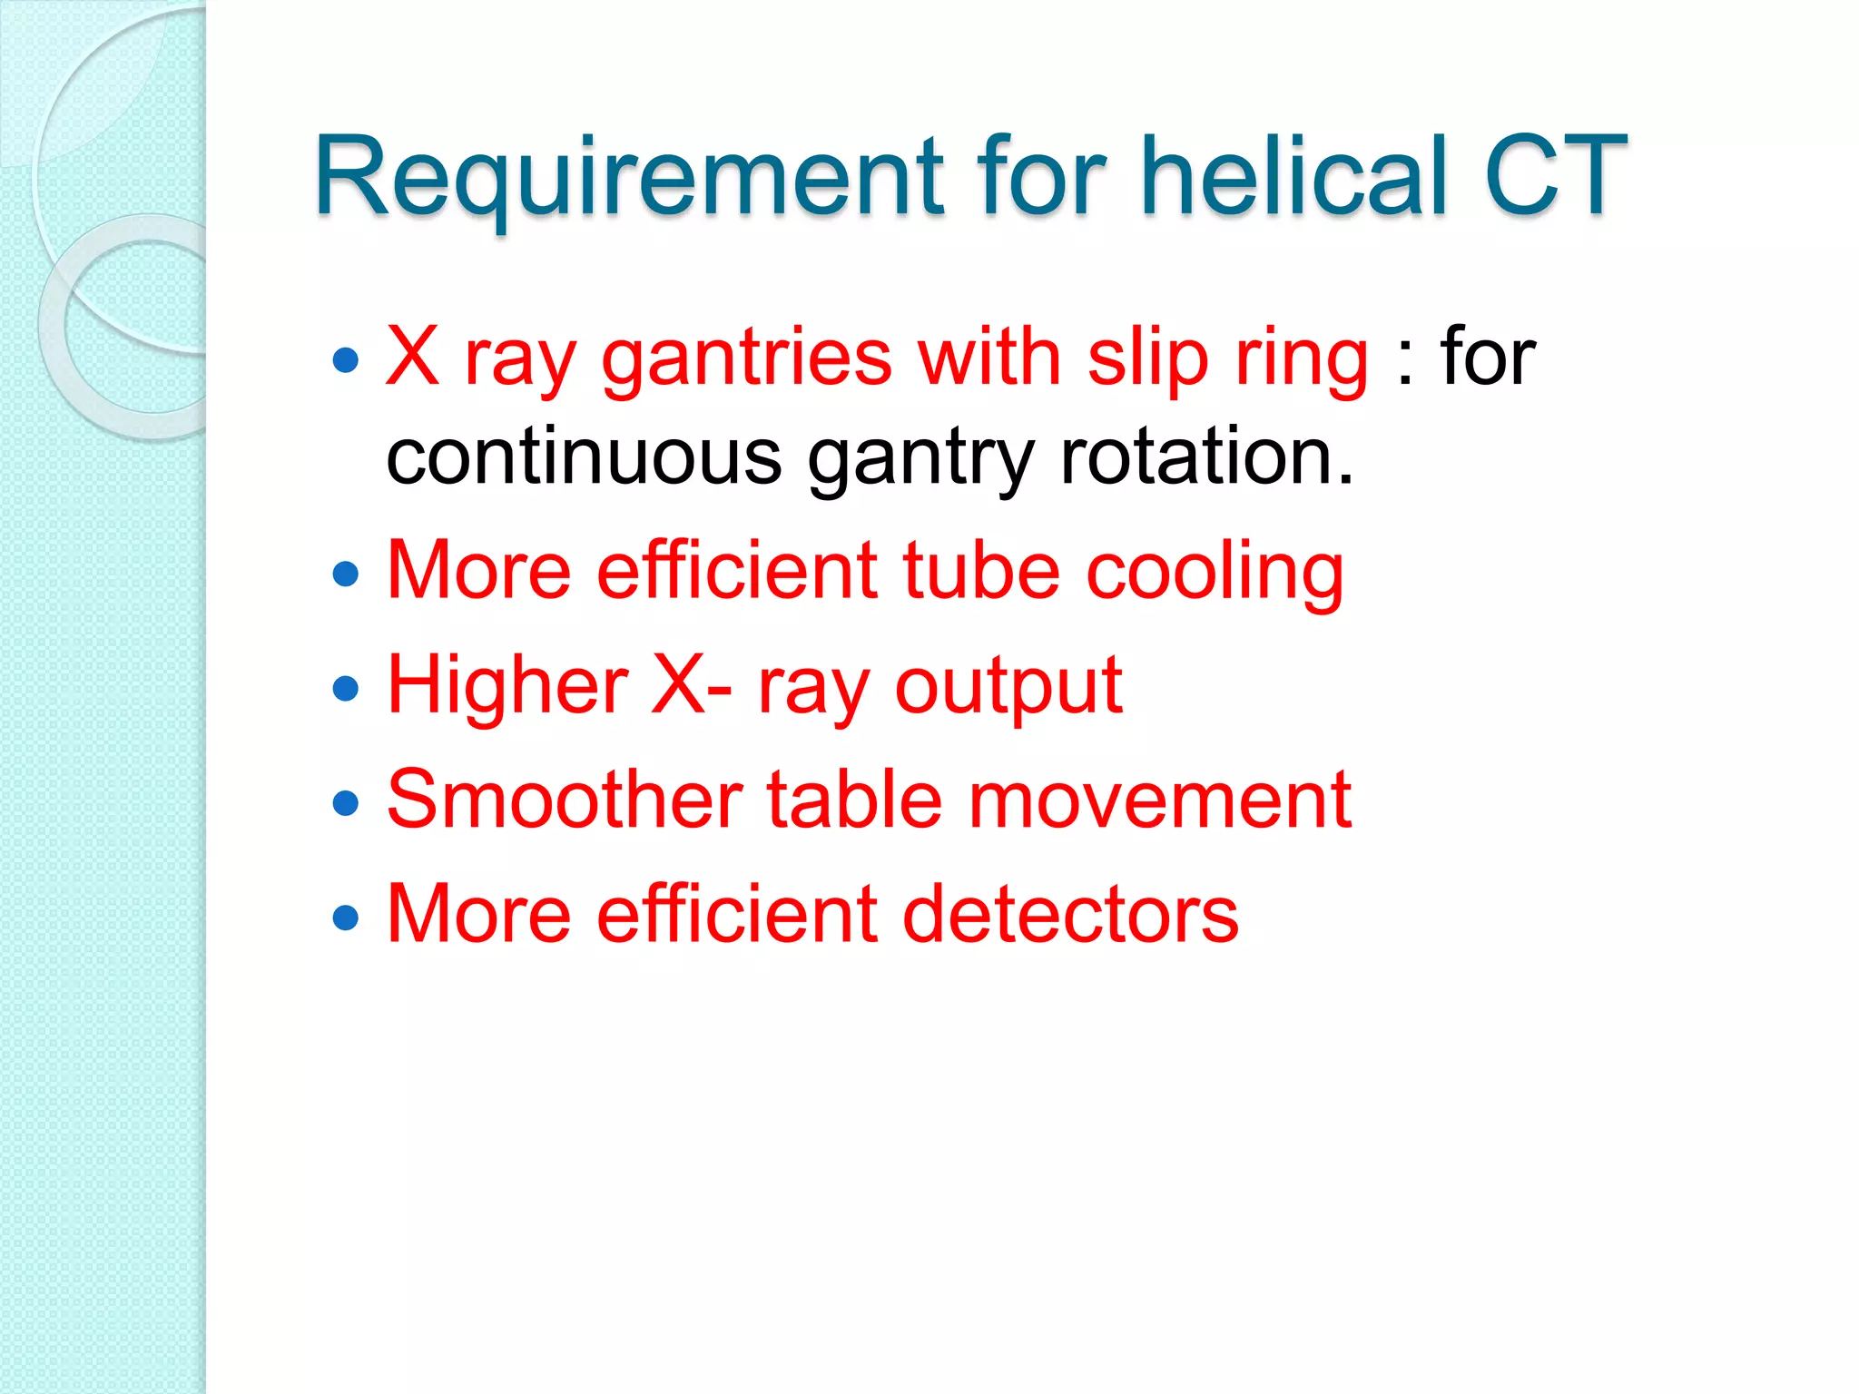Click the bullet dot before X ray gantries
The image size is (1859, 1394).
(346, 361)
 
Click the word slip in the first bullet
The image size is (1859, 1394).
(1147, 359)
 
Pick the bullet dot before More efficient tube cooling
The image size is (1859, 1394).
(346, 574)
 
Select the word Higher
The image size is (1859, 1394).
(507, 686)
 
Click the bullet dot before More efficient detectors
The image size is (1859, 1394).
(346, 918)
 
